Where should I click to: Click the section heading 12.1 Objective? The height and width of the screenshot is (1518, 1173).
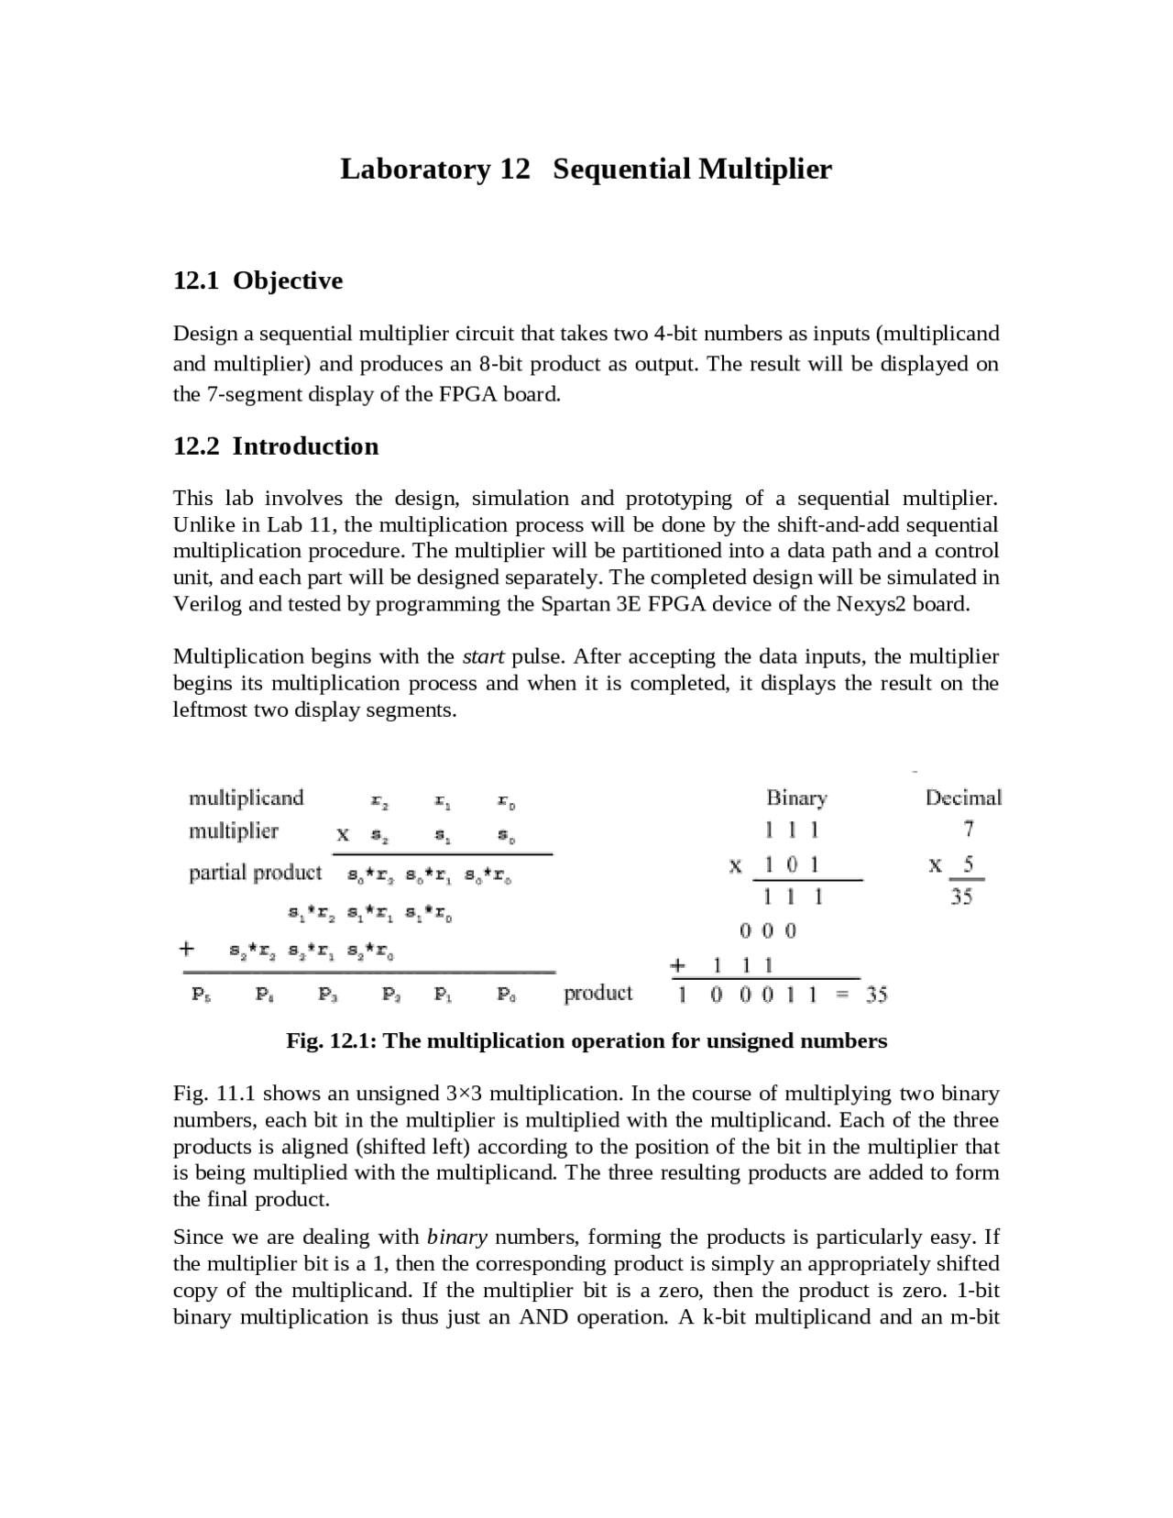tap(258, 280)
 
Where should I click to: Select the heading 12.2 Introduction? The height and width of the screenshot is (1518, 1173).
tap(275, 446)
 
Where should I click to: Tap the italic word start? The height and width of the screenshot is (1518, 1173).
tap(483, 657)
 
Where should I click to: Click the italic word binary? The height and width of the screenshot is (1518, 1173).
tap(456, 1237)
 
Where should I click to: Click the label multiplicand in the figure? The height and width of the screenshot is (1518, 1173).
tap(246, 797)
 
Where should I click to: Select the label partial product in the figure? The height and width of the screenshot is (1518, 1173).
tap(255, 873)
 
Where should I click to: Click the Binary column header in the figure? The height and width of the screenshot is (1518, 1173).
tap(796, 798)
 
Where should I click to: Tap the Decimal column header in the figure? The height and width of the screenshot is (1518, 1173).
tap(963, 797)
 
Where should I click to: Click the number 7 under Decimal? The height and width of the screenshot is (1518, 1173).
tap(969, 830)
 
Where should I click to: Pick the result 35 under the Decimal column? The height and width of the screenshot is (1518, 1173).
tap(960, 897)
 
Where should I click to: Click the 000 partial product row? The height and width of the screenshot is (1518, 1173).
tap(768, 931)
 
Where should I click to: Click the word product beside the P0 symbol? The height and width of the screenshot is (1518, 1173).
tap(597, 994)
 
